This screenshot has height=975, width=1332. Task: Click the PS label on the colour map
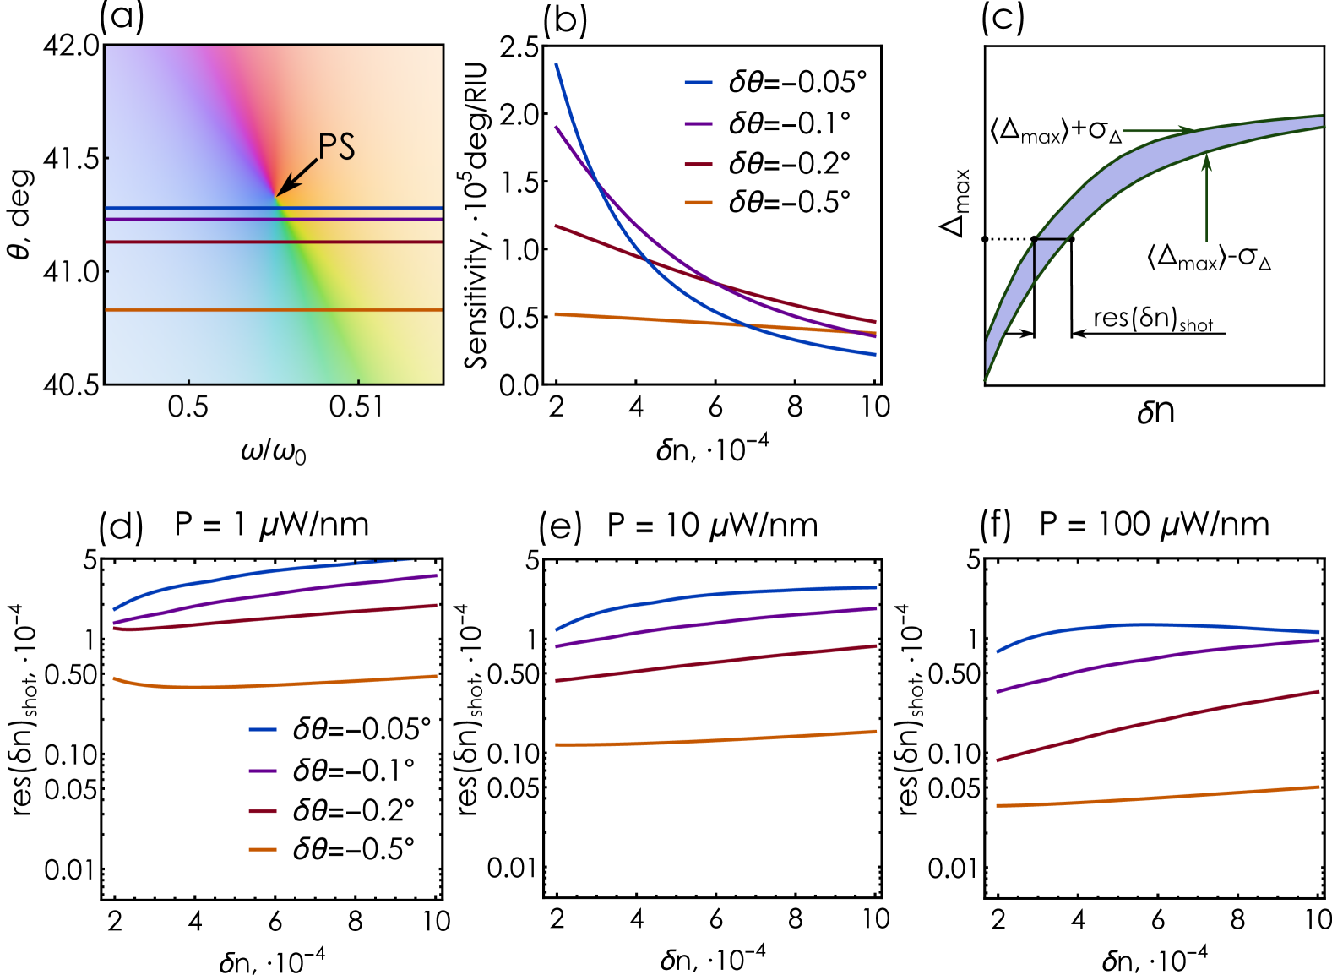(336, 147)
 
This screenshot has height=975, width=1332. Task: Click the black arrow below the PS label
(297, 177)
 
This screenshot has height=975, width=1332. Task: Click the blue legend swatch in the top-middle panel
(698, 83)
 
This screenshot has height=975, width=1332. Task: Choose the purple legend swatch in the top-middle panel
(698, 123)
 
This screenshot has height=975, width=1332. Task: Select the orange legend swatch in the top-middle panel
(698, 203)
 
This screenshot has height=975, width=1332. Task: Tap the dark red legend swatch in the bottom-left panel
(263, 811)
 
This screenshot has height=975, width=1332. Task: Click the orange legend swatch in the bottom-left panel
(263, 849)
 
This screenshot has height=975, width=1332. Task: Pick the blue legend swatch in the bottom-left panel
(263, 729)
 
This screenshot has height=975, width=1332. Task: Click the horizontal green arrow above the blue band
(1157, 131)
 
